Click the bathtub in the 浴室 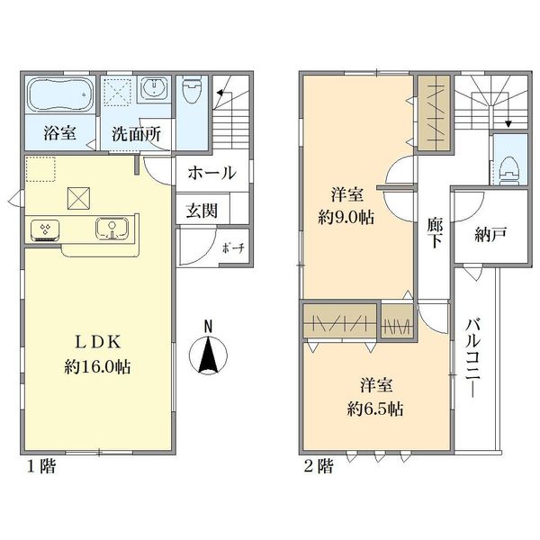(x=60, y=94)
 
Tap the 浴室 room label (x=60, y=133)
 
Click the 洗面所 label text (x=137, y=135)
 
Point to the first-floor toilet (x=193, y=89)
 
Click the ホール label (x=212, y=173)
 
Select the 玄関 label (x=202, y=211)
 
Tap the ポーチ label (x=233, y=248)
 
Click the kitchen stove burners (x=45, y=229)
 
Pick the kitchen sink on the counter (x=112, y=228)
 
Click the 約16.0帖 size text (x=97, y=367)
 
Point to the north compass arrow (x=208, y=355)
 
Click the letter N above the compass (x=208, y=327)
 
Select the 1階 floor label (x=41, y=466)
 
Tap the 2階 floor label (x=319, y=466)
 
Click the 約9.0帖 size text (x=346, y=218)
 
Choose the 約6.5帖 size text (x=375, y=409)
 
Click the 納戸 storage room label (x=490, y=235)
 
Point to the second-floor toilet (x=509, y=168)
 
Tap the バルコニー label (x=474, y=358)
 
